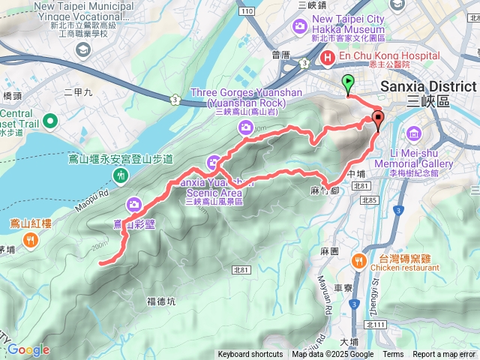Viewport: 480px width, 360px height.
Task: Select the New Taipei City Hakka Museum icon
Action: click(x=301, y=27)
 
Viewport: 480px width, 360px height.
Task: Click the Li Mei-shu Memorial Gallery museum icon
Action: click(x=412, y=133)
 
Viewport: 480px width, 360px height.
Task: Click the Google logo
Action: click(x=28, y=349)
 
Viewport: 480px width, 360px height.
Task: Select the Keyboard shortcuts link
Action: click(x=250, y=355)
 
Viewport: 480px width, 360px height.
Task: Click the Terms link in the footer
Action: click(x=393, y=355)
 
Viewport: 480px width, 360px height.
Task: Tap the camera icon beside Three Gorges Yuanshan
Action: click(x=245, y=129)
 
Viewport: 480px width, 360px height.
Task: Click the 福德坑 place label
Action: click(x=161, y=301)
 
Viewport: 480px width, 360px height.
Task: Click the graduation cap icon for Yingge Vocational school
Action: click(x=82, y=49)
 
